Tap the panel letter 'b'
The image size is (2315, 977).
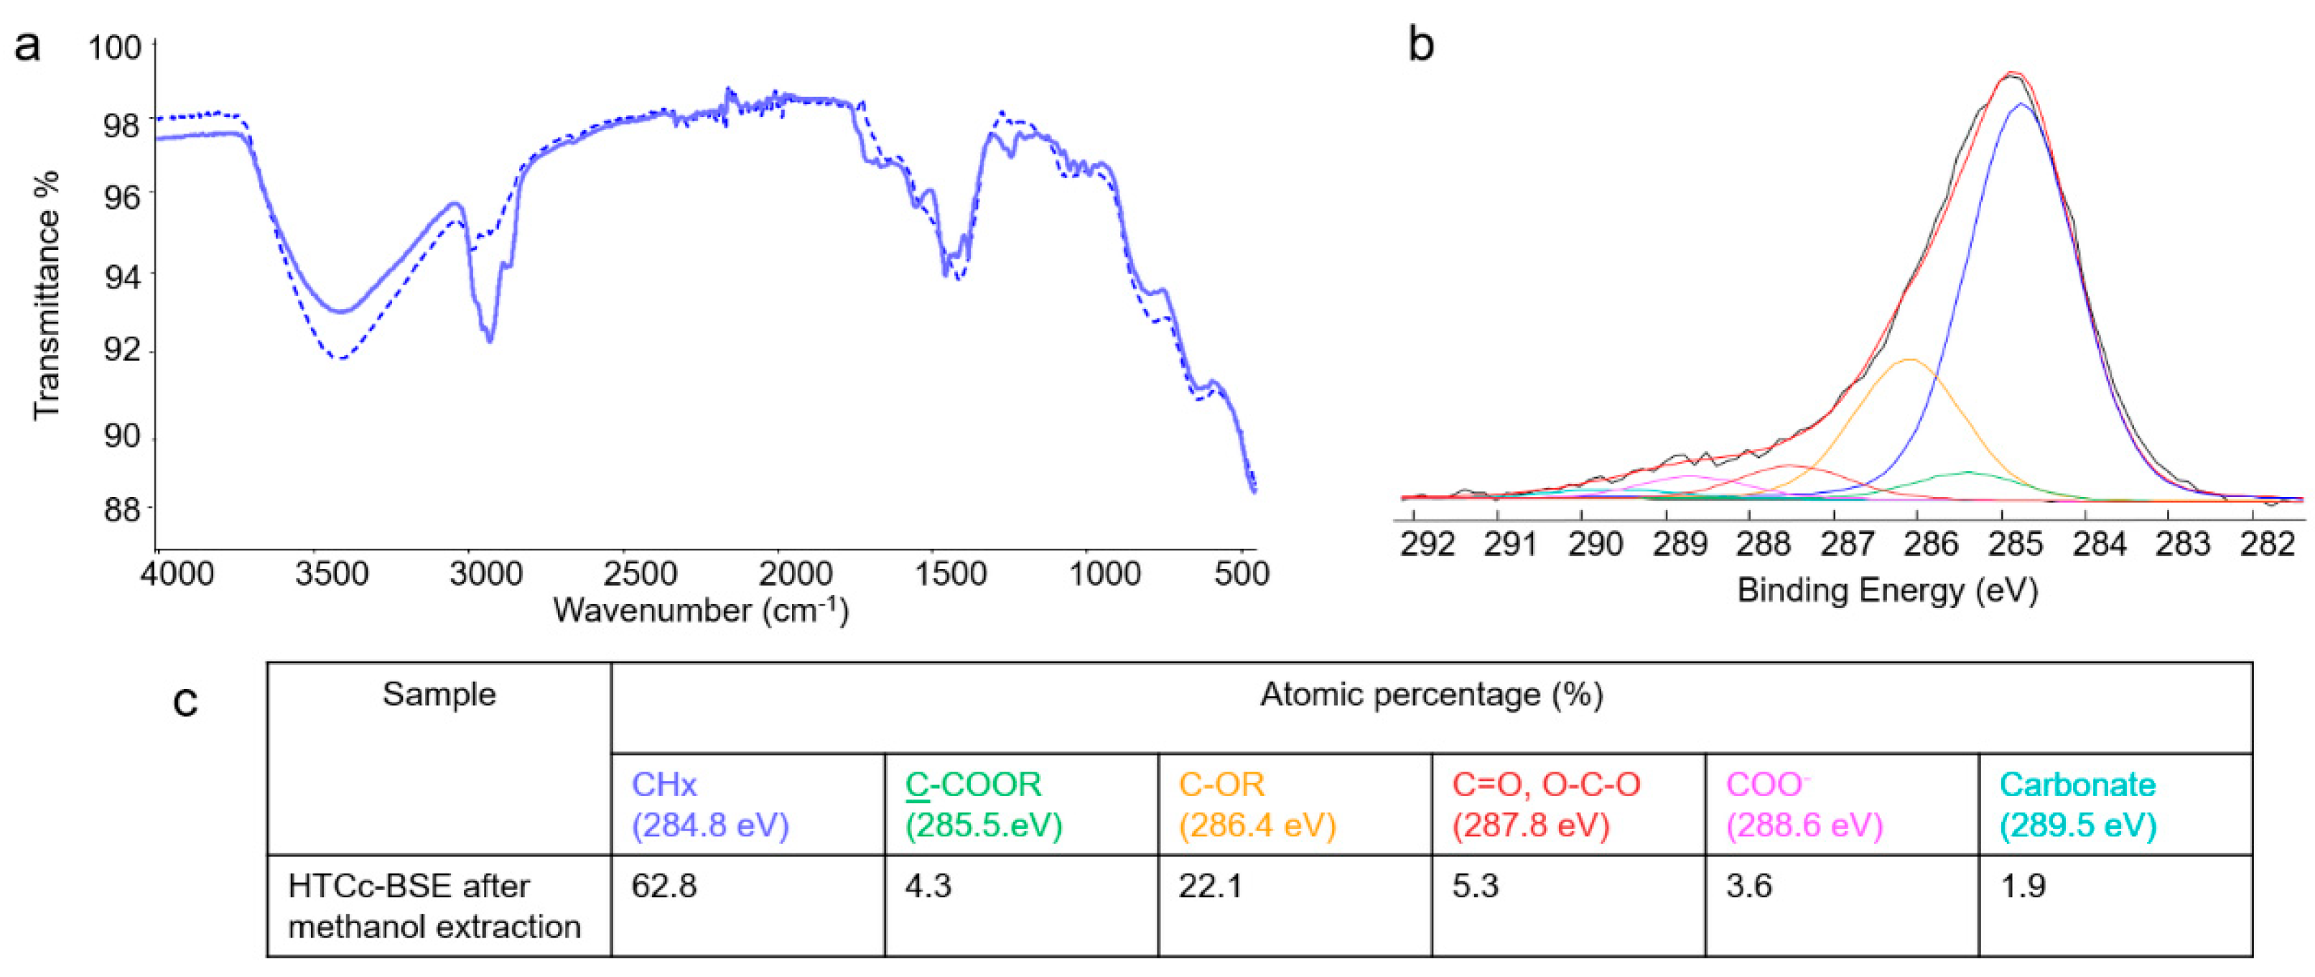[x=1421, y=45]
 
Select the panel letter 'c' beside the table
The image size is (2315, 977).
[x=185, y=701]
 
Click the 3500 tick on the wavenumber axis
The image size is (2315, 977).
[x=332, y=573]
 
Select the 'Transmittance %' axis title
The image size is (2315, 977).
[x=46, y=295]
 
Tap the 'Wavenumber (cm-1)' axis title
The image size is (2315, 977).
[x=701, y=611]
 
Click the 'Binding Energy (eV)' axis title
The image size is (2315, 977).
[x=1887, y=591]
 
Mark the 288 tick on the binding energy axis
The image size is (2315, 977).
[x=1764, y=544]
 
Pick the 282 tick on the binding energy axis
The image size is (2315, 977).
[x=2266, y=544]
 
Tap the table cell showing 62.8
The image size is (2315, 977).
[x=664, y=886]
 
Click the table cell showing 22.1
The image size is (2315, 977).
[x=1211, y=886]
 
